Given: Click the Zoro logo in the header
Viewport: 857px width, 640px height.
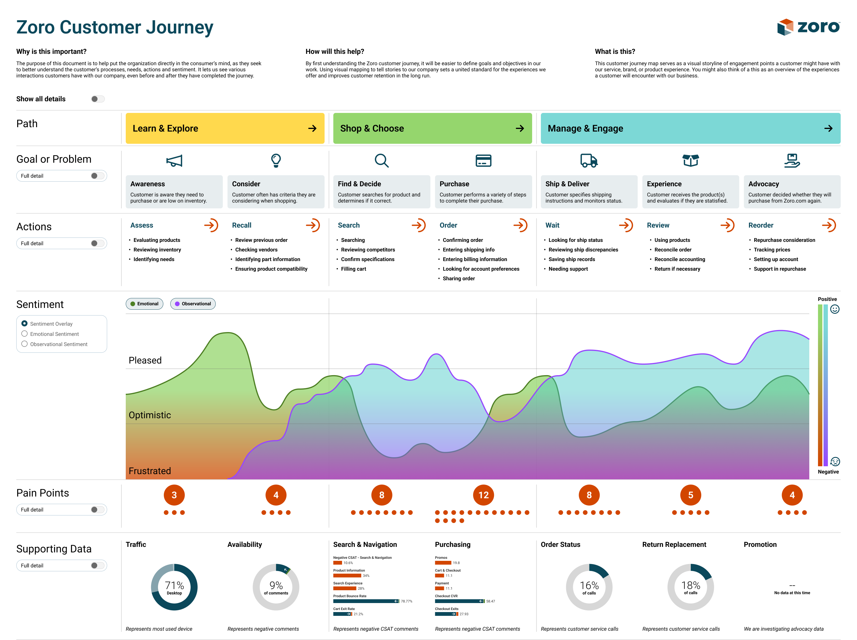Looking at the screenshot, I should pos(808,27).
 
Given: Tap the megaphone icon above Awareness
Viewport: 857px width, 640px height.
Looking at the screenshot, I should pos(174,161).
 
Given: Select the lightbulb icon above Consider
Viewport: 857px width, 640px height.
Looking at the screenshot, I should pos(276,160).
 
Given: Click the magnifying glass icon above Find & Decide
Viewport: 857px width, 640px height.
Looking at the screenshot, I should pos(382,160).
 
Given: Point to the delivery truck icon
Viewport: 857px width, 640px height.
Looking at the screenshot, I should pos(589,160).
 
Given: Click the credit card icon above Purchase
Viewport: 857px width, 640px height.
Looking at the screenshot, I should pos(483,160).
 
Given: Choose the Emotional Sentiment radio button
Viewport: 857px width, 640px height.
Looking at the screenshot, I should pos(24,334).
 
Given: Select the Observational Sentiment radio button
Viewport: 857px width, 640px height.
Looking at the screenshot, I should pos(24,344).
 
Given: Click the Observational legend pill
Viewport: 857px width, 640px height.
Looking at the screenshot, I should pos(193,304).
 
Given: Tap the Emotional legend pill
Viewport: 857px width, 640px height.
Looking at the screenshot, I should pos(144,304).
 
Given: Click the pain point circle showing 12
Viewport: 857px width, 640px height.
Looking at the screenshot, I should pos(483,495).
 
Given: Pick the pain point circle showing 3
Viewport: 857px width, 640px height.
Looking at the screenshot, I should pos(174,495).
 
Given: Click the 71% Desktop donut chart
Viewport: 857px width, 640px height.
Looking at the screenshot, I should pos(174,587).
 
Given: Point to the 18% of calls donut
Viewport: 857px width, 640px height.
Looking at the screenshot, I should pos(690,587).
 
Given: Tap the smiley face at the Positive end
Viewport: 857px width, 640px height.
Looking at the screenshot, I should pos(835,309).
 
